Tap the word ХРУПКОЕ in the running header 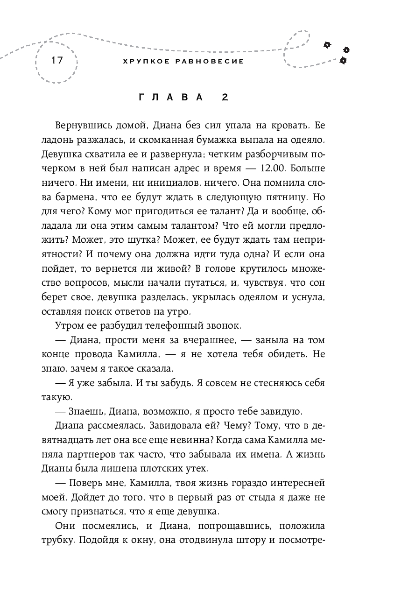tap(139, 61)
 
